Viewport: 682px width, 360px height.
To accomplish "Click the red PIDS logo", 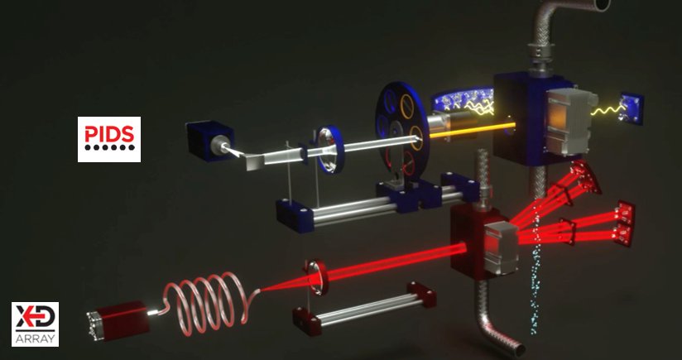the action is [109, 139].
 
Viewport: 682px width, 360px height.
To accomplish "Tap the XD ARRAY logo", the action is [36, 324].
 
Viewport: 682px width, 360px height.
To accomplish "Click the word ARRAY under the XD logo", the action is [36, 339].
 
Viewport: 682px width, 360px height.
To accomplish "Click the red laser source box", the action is [118, 321].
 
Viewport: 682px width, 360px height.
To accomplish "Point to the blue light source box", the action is [209, 141].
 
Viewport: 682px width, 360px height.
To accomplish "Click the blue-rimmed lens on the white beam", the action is [329, 149].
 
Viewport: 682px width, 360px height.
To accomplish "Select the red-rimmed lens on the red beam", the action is [317, 277].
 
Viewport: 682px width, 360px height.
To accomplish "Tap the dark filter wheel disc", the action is [401, 130].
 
